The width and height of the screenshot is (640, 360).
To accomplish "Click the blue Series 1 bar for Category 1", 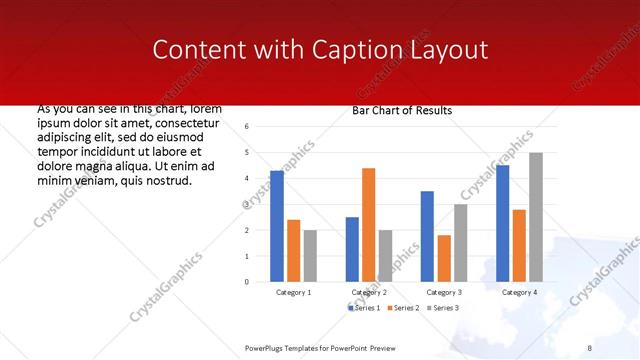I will click(x=277, y=226).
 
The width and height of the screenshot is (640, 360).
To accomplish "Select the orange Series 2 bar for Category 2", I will click(x=368, y=225).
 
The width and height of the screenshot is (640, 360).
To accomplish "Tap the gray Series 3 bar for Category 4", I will click(x=536, y=217).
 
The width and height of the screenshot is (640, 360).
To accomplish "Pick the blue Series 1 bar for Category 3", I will click(x=427, y=236).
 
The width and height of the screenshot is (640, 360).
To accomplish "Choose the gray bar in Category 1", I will click(x=310, y=256).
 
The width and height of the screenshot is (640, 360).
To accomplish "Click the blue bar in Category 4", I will click(x=502, y=223).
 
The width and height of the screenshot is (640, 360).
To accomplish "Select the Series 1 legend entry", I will click(x=365, y=307).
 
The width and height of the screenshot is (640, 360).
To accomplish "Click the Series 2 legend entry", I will click(x=404, y=307).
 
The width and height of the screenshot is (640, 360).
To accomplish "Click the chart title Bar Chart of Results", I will click(x=403, y=110).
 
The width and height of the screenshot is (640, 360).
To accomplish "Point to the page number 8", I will click(x=590, y=347).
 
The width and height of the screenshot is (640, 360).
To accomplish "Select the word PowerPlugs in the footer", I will click(x=267, y=347).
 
